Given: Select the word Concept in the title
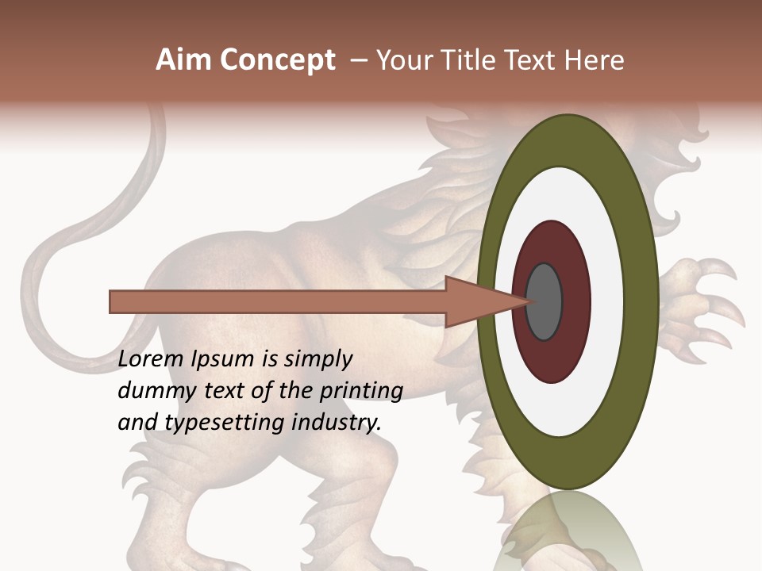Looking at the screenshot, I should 278,60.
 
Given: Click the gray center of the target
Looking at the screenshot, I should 545,302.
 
